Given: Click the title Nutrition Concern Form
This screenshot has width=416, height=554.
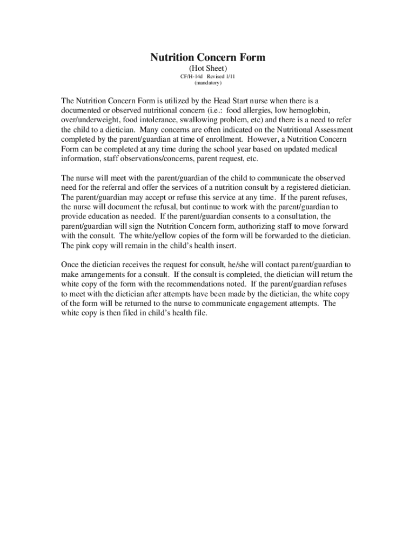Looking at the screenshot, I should click(x=207, y=57).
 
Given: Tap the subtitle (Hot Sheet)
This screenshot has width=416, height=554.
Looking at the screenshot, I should click(x=207, y=69).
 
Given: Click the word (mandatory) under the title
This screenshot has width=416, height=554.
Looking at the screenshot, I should click(x=208, y=83).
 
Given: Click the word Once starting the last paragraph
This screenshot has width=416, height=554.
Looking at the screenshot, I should click(x=71, y=265).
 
